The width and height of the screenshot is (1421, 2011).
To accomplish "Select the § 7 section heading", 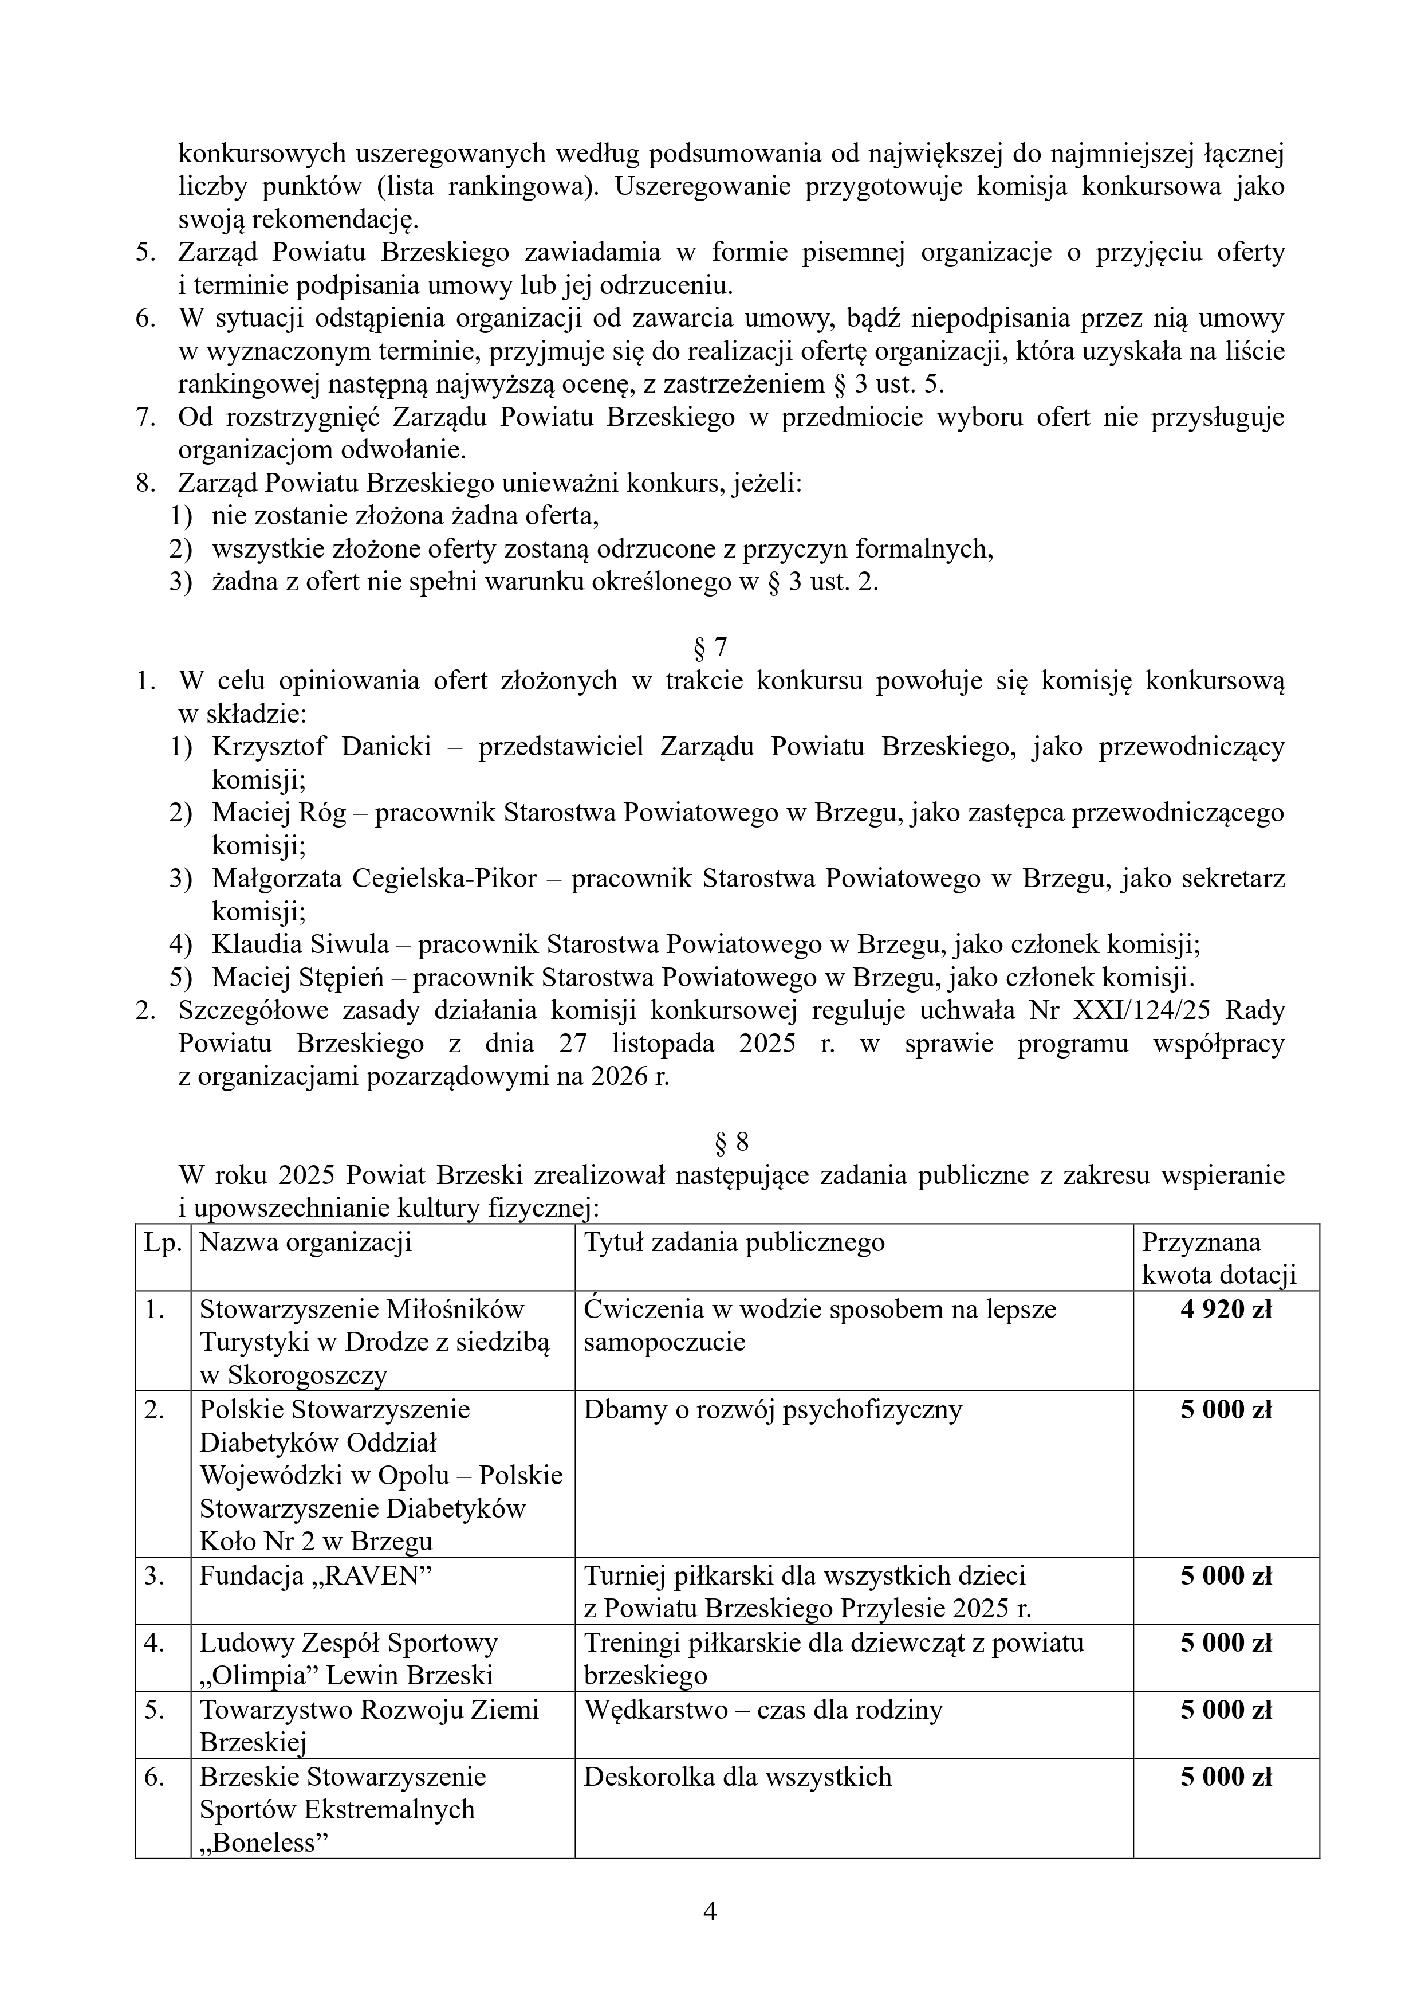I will coord(710,647).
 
